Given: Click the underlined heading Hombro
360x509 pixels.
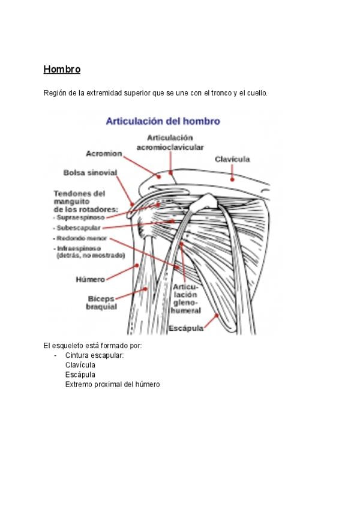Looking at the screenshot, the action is point(62,69).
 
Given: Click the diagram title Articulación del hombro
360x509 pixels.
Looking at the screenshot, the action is point(163,121).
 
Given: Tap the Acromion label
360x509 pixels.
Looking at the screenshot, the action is point(104,154).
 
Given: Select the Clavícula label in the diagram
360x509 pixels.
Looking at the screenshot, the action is point(232,160).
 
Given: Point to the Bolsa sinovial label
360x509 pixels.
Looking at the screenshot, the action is point(90,173).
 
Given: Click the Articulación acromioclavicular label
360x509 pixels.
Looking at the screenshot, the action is point(170,142).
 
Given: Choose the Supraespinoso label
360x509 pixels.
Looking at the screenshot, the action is point(80,217).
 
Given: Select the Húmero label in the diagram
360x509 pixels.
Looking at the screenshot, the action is point(90,280).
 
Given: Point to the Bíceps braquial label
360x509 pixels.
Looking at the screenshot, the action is point(101,303).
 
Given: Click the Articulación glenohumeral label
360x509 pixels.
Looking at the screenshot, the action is point(185,299).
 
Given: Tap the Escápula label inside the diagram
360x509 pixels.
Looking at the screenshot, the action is point(186,328).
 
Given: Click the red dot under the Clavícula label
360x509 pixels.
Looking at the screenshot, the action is point(232,179).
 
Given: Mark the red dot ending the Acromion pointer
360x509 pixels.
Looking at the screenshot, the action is point(159,177).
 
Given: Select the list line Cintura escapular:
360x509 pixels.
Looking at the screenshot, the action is point(94,355).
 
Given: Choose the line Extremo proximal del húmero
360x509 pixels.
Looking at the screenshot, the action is point(112,385).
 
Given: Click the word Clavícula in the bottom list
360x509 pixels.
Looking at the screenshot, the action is point(80,365).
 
